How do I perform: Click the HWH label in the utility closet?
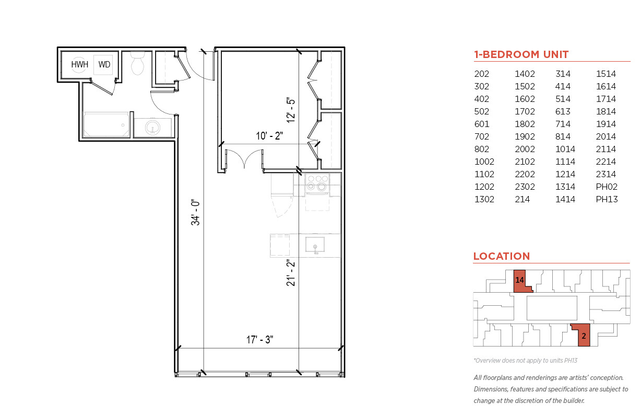click(79, 64)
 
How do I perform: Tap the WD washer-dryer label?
click(104, 64)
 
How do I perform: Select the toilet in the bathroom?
click(137, 63)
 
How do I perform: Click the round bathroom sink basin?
click(152, 127)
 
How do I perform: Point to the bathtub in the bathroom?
click(106, 125)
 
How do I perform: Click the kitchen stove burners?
click(317, 183)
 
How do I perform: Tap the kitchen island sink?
click(315, 246)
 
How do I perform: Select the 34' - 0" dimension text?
click(195, 212)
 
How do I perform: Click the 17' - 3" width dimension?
click(259, 340)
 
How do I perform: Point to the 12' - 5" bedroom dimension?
click(291, 110)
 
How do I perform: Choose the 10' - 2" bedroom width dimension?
click(269, 135)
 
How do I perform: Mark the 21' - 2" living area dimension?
click(290, 273)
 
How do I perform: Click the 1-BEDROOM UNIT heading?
click(521, 54)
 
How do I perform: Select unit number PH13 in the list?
click(607, 199)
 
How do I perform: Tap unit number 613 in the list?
click(563, 111)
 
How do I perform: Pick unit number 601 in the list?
click(482, 124)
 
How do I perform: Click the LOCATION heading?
click(502, 256)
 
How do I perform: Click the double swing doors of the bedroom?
click(244, 158)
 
